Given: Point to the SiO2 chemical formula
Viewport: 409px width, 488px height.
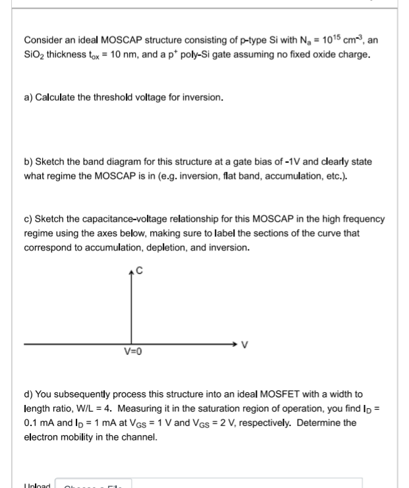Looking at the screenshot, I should pos(35,54).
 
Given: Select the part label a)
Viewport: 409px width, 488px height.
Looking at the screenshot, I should pos(28,98).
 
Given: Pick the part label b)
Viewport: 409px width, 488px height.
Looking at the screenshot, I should pos(28,162).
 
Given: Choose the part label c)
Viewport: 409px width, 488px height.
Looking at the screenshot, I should pos(28,219).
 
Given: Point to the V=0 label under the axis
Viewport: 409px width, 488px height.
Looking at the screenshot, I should pos(132,352).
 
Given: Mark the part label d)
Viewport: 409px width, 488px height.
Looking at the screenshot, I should pos(28,394).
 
